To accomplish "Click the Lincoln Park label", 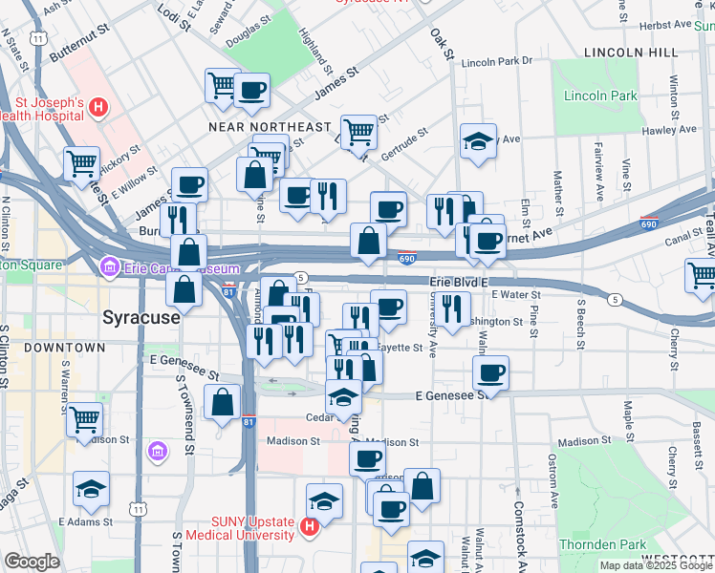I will [600, 96].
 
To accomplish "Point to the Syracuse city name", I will [141, 316].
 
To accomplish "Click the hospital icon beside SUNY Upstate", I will [309, 525].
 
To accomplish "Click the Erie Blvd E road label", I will [457, 283].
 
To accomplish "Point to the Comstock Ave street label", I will [519, 526].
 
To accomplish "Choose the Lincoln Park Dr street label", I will [496, 62].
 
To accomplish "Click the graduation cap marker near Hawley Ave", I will [478, 141].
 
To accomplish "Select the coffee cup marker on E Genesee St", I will [490, 371].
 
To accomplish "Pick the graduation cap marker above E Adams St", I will [92, 488].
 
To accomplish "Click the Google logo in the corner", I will [32, 562].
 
